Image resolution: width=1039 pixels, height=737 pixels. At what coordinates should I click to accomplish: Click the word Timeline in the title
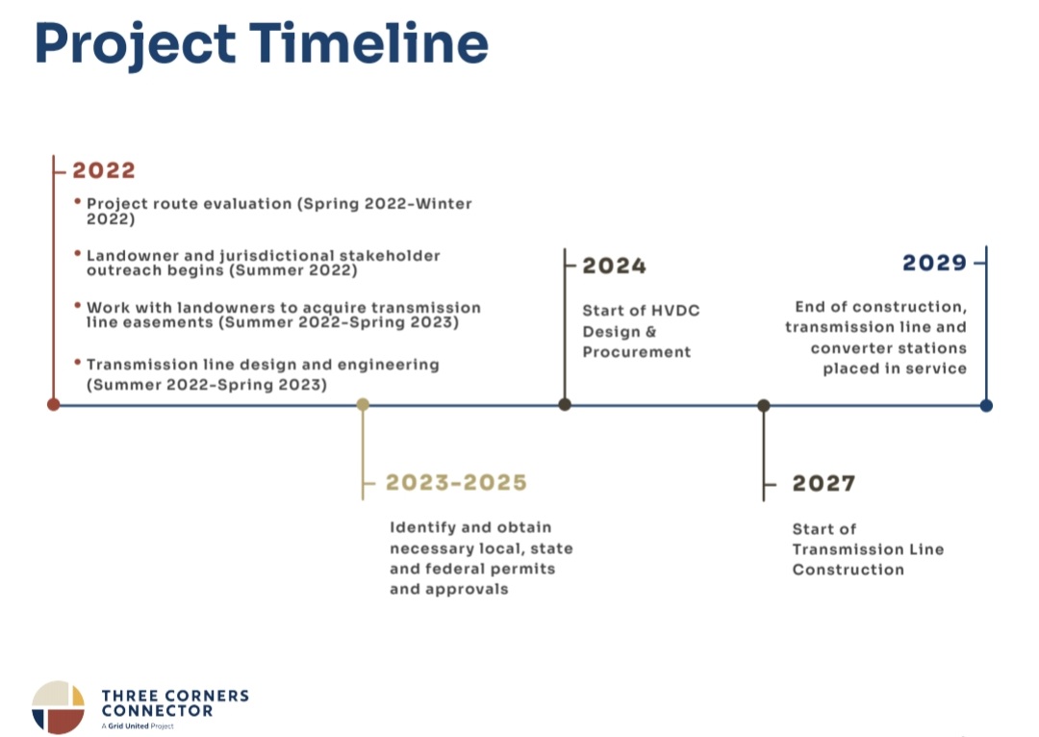click(x=368, y=43)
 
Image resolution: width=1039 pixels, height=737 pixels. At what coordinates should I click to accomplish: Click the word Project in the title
click(x=136, y=46)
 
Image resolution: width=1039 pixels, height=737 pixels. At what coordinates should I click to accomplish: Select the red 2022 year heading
click(x=103, y=170)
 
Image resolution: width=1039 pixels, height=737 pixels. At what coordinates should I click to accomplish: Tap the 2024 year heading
click(x=614, y=266)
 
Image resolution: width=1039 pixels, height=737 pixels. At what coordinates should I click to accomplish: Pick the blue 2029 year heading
click(x=934, y=263)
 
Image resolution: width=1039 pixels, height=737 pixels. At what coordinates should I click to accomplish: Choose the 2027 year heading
click(x=824, y=483)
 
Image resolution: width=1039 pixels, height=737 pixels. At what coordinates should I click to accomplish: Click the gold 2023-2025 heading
click(x=456, y=482)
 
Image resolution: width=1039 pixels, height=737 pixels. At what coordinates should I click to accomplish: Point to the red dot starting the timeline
click(x=54, y=404)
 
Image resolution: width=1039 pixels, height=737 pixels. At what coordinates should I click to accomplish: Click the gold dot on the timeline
click(x=363, y=404)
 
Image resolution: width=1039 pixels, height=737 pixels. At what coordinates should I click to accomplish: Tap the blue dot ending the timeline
click(x=986, y=405)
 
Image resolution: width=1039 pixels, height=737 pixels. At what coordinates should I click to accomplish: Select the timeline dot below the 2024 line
click(x=565, y=404)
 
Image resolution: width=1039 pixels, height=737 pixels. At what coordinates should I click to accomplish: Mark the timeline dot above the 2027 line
click(x=763, y=405)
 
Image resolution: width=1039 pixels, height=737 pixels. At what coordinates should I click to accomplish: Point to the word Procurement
click(x=637, y=352)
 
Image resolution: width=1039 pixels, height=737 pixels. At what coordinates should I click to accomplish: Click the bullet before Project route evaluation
click(x=78, y=201)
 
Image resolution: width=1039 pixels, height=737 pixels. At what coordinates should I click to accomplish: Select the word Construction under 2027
click(x=849, y=570)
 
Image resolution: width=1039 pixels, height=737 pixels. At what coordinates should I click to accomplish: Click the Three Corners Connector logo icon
click(x=59, y=707)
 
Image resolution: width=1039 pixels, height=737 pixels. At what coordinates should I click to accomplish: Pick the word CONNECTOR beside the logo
click(x=157, y=711)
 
